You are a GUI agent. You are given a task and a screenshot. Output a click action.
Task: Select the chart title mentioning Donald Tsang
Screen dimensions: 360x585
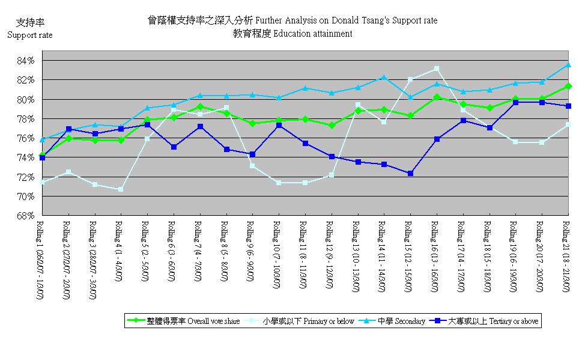coord(292,20)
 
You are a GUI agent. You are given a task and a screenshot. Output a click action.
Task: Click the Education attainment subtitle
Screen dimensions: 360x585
coord(292,34)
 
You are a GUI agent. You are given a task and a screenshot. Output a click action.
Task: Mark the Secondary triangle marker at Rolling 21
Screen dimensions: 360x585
coord(568,64)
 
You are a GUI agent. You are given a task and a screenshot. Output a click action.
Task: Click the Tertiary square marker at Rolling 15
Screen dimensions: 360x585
coord(410,173)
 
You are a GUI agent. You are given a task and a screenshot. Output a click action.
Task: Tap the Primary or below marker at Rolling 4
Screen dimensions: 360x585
coord(121,189)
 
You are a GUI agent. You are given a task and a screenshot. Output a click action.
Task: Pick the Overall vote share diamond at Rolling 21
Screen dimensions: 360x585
coord(568,87)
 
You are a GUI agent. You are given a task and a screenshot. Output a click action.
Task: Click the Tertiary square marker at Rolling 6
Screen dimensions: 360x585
coord(174,147)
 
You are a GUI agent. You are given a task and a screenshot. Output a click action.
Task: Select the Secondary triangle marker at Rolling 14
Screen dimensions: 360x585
coord(384,78)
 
